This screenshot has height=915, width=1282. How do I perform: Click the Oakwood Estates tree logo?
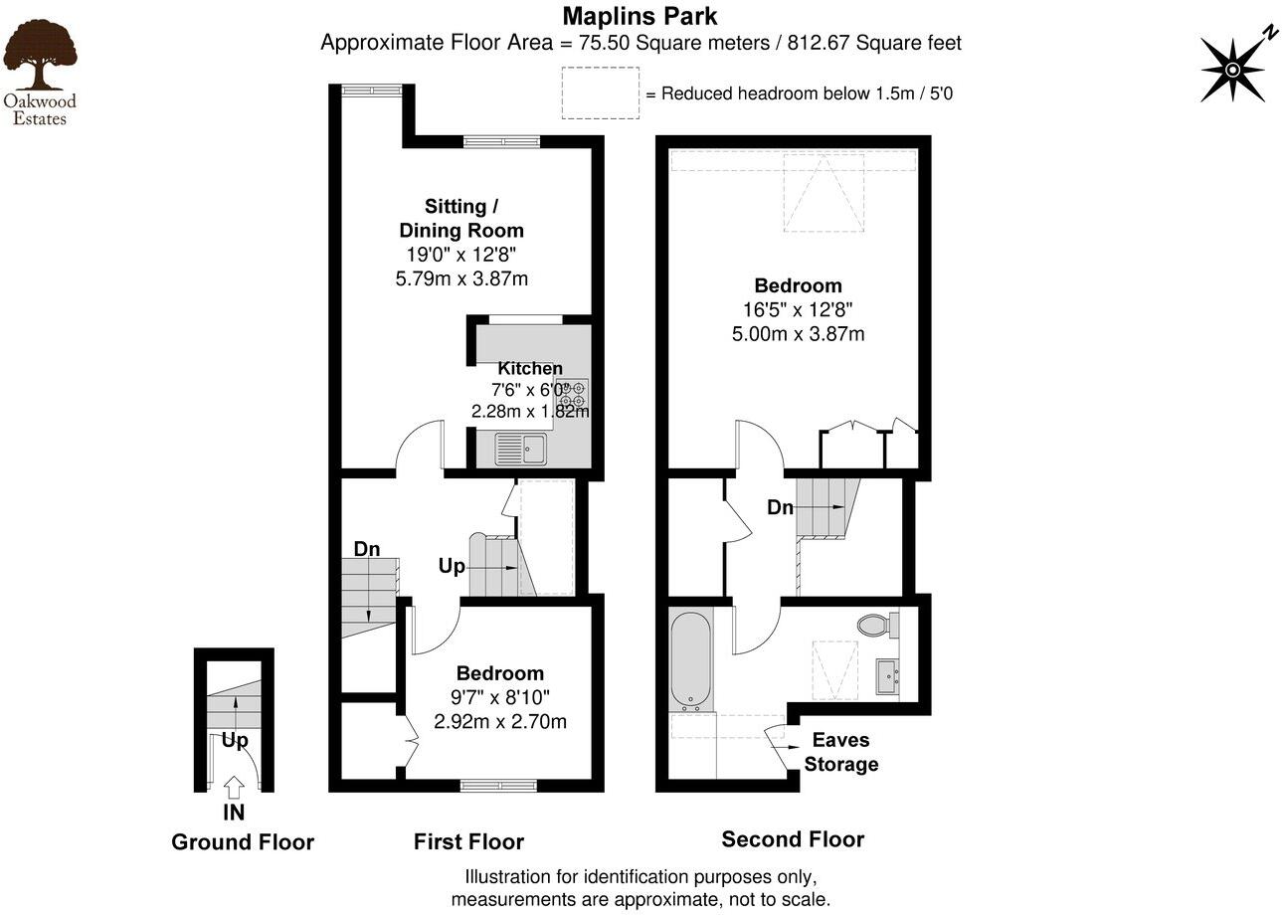point(39,56)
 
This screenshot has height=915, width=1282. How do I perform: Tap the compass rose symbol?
point(1232,69)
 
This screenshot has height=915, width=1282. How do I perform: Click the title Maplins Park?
point(640,16)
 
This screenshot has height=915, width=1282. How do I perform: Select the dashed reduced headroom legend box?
point(600,93)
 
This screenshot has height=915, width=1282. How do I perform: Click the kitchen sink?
point(520,449)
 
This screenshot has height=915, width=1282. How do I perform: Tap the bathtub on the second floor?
point(690,657)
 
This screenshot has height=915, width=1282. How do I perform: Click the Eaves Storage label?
point(840,752)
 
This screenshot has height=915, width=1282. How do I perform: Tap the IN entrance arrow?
point(234,789)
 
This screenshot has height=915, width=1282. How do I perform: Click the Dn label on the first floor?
point(367,549)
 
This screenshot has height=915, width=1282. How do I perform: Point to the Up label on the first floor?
point(452,566)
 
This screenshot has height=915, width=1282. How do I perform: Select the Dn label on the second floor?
point(780,507)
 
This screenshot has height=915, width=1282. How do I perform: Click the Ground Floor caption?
point(243,842)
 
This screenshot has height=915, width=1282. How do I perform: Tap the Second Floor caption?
point(793,839)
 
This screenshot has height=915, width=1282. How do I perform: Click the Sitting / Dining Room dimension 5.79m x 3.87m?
point(461,278)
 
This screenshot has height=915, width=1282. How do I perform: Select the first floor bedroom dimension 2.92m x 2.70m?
point(500,721)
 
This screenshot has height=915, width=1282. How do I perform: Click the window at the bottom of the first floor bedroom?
point(499,785)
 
